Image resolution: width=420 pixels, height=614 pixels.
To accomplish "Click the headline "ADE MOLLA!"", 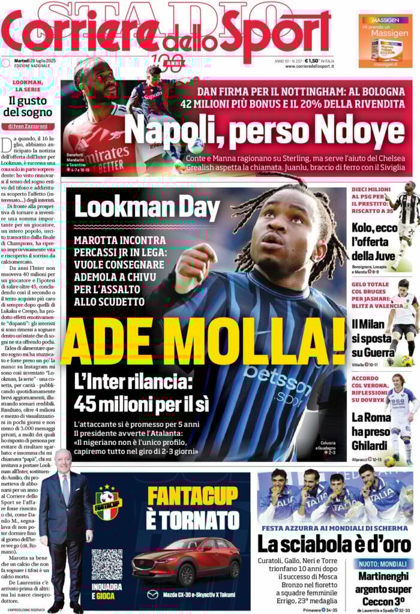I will pyautogui.click(x=203, y=345).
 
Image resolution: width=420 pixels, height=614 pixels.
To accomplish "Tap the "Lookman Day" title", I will pyautogui.click(x=148, y=209).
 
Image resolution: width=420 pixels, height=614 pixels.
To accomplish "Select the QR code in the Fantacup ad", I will pyautogui.click(x=107, y=564).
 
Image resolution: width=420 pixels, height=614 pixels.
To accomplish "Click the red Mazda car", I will pyautogui.click(x=186, y=561).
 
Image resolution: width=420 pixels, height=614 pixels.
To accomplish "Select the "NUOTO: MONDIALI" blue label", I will pyautogui.click(x=385, y=564).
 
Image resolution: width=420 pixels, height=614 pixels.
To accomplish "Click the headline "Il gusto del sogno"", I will pyautogui.click(x=31, y=106).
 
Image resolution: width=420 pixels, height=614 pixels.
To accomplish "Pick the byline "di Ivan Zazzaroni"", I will pyautogui.click(x=31, y=127).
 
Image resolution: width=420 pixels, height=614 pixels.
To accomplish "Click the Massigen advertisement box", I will pyautogui.click(x=385, y=41).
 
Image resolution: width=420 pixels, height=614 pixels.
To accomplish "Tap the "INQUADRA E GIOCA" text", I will pyautogui.click(x=104, y=593).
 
